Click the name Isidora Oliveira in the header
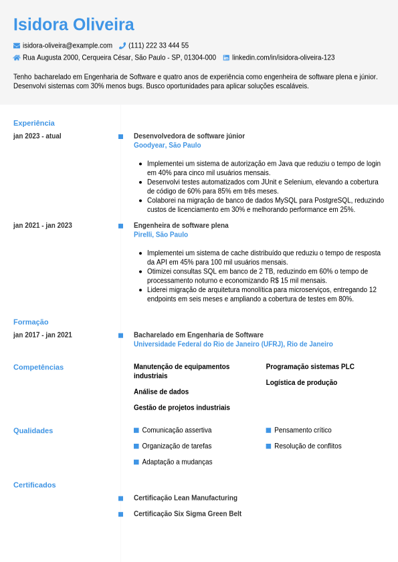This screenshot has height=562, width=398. (x=74, y=25)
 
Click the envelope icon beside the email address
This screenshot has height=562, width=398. (x=17, y=45)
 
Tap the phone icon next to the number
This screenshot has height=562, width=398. (x=122, y=45)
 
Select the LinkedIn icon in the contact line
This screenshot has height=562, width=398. (x=226, y=58)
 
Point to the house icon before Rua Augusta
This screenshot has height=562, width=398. (x=17, y=58)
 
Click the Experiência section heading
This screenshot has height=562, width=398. (x=34, y=123)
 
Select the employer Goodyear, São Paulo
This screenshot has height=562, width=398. (x=167, y=145)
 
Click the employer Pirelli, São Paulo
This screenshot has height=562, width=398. (x=161, y=235)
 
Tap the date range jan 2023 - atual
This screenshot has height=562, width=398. (x=37, y=136)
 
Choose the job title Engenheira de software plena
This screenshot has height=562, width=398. (x=181, y=225)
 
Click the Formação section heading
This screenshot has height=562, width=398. (x=31, y=322)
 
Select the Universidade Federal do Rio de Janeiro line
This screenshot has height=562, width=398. (x=233, y=344)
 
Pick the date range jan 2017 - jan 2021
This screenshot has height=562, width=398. (x=43, y=335)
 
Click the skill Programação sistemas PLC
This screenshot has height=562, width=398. (x=310, y=367)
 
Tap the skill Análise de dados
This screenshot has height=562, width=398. (x=161, y=392)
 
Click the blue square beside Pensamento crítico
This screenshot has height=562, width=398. (x=268, y=430)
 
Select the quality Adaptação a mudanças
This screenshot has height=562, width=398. (x=177, y=462)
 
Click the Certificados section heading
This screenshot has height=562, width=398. (x=35, y=485)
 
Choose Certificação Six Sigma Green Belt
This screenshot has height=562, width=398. (x=187, y=514)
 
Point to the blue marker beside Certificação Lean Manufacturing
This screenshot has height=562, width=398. (x=120, y=499)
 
